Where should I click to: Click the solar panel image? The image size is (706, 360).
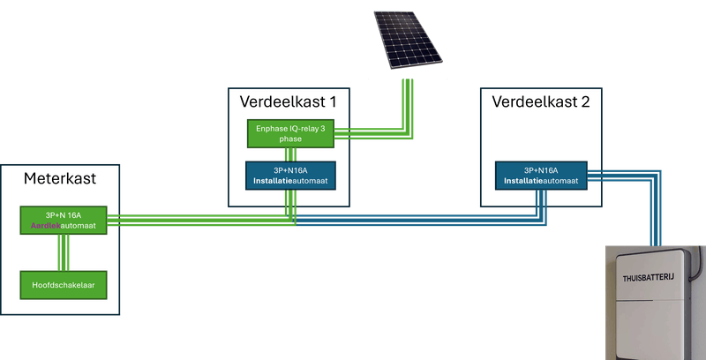[407, 40]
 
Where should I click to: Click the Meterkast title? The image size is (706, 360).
[59, 180]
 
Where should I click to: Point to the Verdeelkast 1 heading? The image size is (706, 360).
[288, 101]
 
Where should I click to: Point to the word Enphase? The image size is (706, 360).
[271, 129]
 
